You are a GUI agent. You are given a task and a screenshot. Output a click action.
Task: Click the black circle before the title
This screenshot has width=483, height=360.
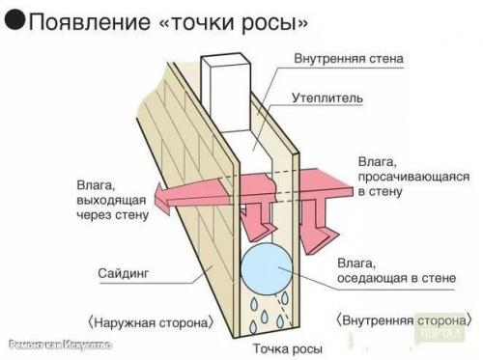(14, 21)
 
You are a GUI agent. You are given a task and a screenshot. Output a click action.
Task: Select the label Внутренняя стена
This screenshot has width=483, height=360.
(350, 59)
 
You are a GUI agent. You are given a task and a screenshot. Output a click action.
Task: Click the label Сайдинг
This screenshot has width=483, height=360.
(122, 273)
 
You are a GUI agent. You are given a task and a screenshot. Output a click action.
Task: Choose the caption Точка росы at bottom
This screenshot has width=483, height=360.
(287, 346)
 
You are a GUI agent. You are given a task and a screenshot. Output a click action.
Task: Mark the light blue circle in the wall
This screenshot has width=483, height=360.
(270, 267)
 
